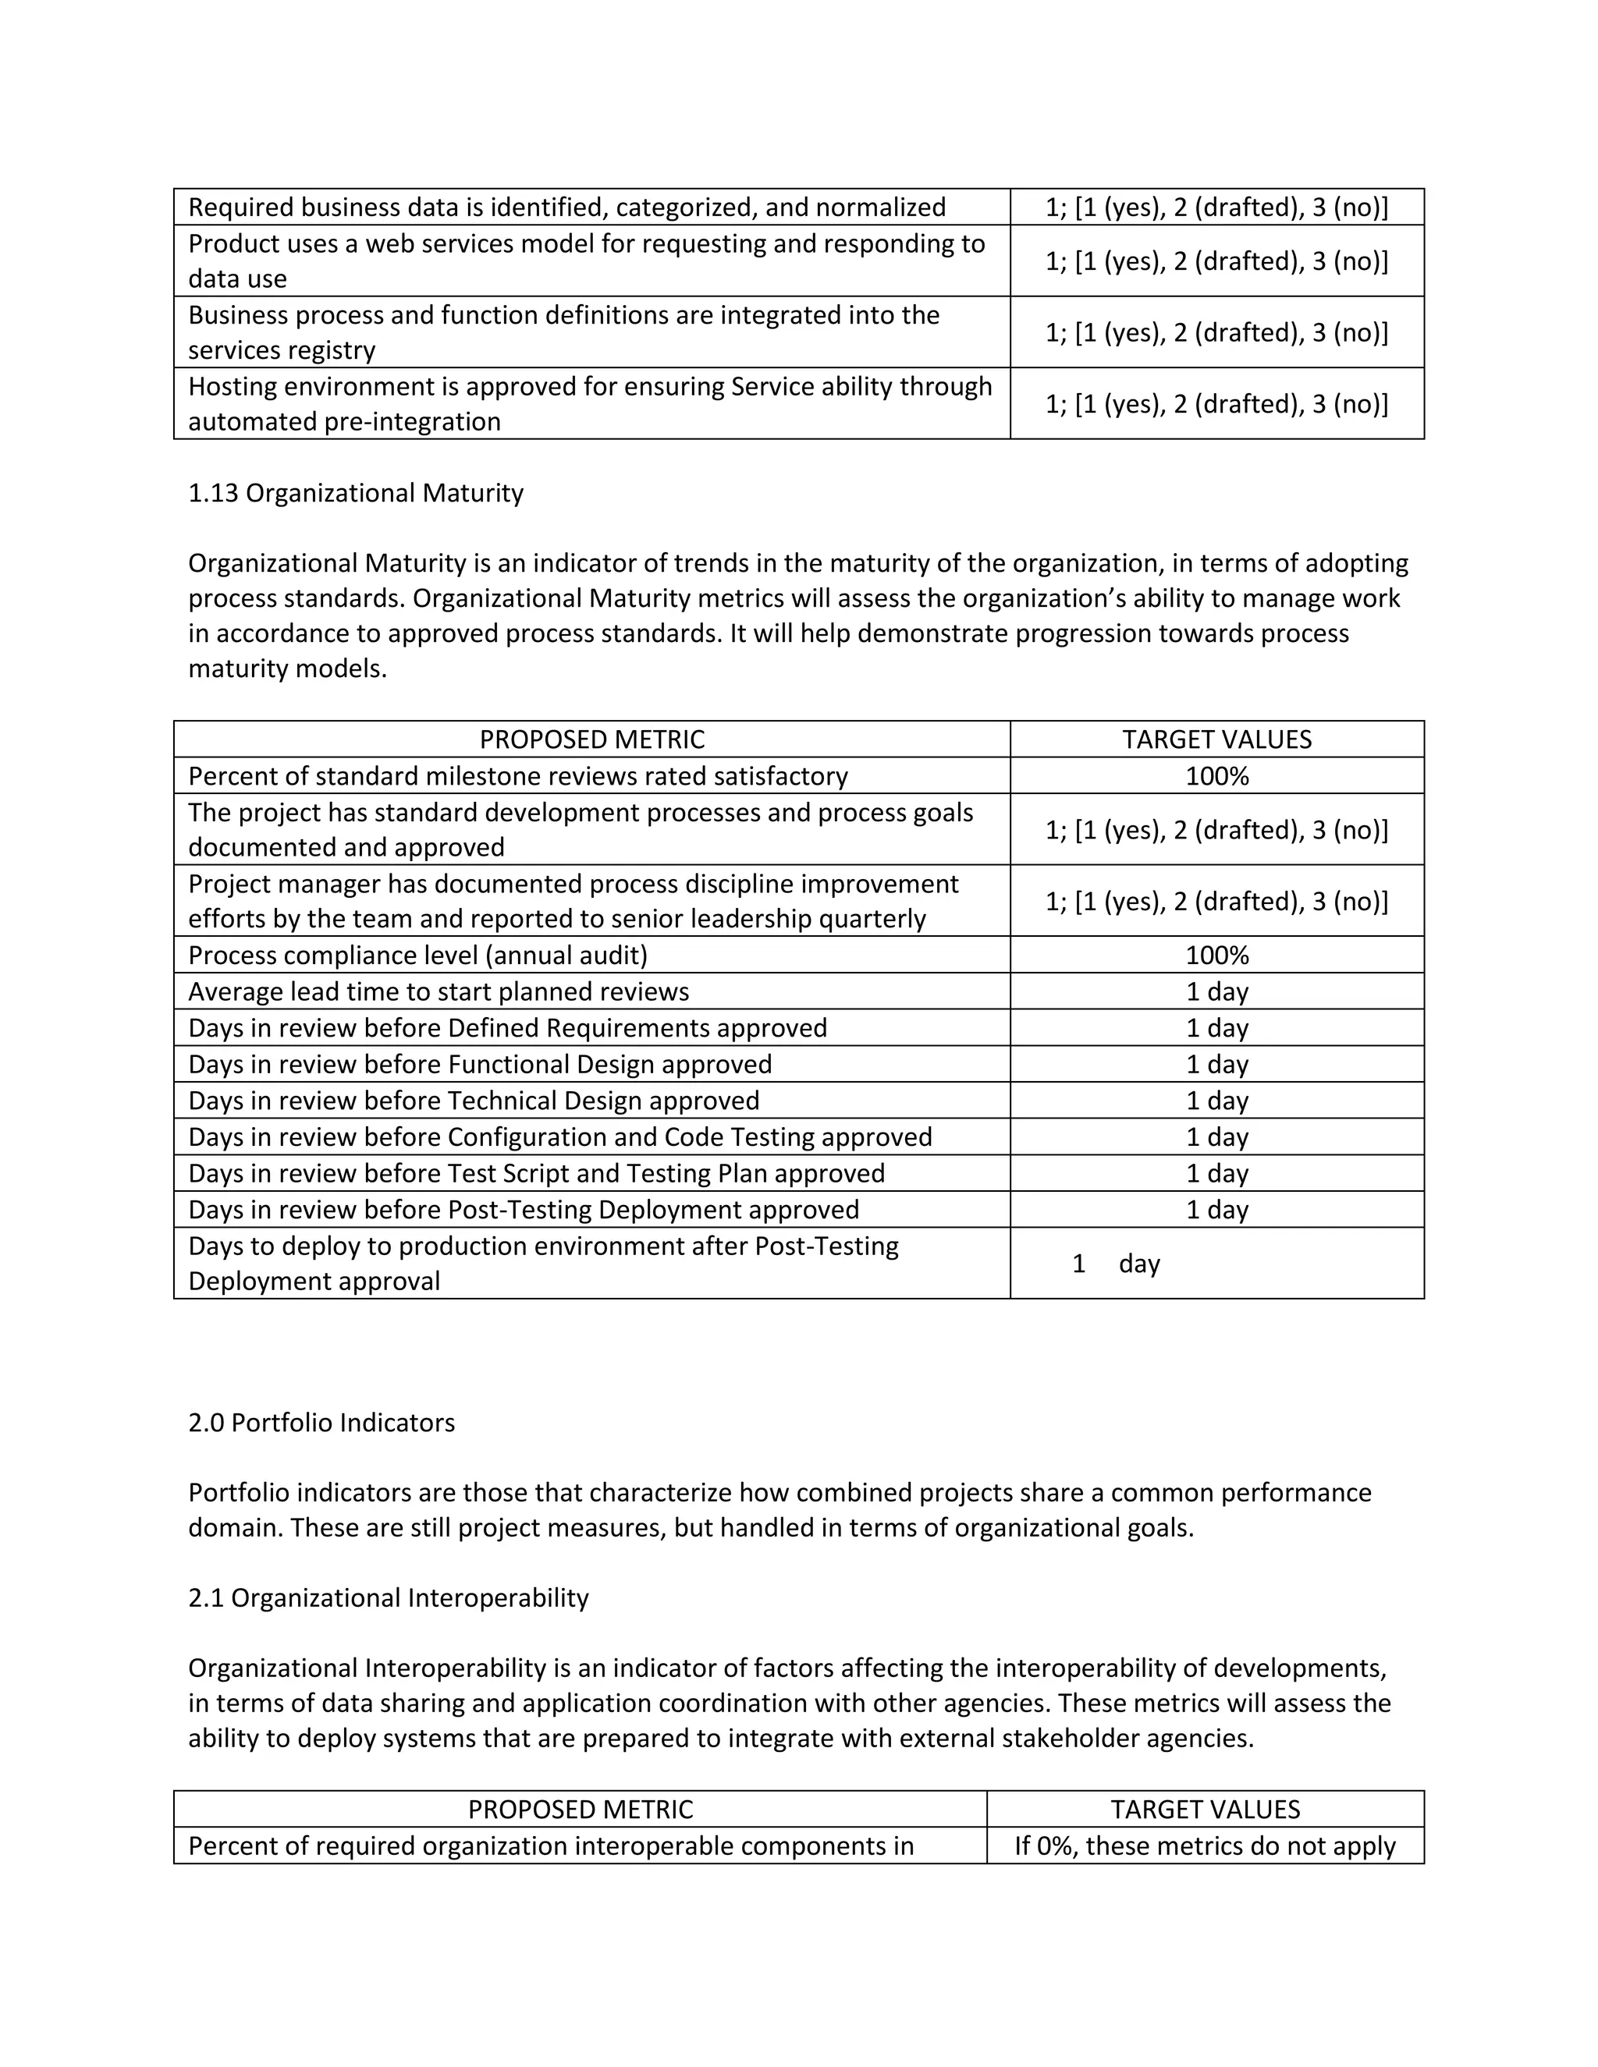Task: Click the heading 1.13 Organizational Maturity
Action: (355, 493)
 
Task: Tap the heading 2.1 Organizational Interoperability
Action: (388, 1597)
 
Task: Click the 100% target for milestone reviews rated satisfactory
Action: (1216, 776)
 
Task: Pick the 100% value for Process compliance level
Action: (1216, 955)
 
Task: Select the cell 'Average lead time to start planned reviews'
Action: (439, 992)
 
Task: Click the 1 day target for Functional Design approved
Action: (1216, 1065)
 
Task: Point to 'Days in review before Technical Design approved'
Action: (474, 1101)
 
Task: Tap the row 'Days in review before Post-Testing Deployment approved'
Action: (524, 1210)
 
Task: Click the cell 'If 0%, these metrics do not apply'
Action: (1205, 1845)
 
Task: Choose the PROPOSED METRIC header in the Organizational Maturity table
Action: (591, 739)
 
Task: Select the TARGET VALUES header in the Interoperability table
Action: (1205, 1810)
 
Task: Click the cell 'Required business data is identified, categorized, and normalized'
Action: (566, 207)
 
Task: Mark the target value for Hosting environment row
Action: (1216, 404)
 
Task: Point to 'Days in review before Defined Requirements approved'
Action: (507, 1028)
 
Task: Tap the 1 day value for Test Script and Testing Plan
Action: (1216, 1174)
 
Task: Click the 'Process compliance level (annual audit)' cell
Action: (417, 955)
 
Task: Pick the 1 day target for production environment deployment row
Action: (1117, 1264)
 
